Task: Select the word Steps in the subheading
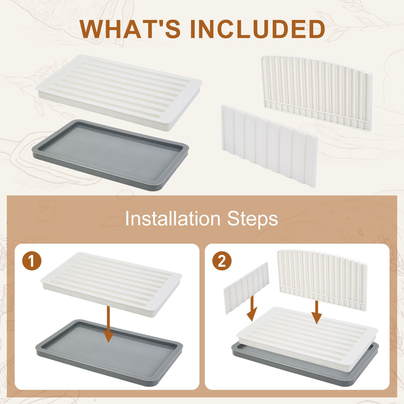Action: pos(252,219)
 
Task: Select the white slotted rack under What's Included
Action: pos(120,93)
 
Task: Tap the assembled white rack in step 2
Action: pos(307,333)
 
